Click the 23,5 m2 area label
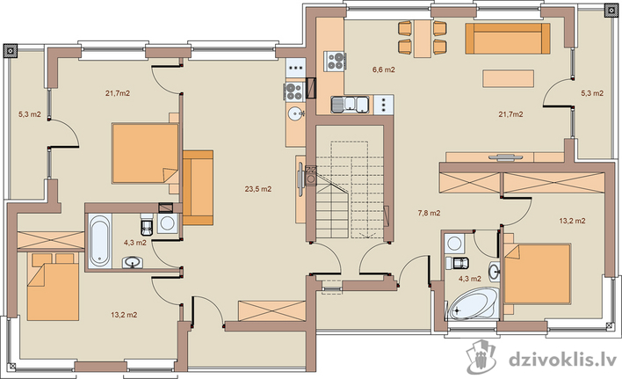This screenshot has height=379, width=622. [x=257, y=189]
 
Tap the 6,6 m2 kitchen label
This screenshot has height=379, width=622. [x=383, y=69]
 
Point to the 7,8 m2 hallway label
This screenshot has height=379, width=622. [x=429, y=213]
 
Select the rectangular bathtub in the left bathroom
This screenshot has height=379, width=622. [x=98, y=241]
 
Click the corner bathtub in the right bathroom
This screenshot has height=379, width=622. [x=472, y=303]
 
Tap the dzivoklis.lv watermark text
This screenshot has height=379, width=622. [x=562, y=360]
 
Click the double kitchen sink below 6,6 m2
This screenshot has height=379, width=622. [x=350, y=105]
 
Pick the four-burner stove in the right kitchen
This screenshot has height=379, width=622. [x=336, y=62]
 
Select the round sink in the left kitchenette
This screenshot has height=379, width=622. [x=295, y=114]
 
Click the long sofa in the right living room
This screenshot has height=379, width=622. [x=508, y=39]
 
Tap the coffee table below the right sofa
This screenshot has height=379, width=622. [x=508, y=78]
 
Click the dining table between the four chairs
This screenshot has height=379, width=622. [x=423, y=38]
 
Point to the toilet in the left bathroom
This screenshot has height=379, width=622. [x=148, y=224]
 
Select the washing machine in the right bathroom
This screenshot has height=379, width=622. [x=454, y=243]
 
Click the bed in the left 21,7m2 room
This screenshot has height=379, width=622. [x=145, y=153]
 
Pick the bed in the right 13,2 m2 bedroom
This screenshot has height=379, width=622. [x=537, y=273]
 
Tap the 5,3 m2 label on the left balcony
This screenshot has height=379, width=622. [x=30, y=114]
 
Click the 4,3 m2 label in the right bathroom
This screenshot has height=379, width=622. [x=470, y=279]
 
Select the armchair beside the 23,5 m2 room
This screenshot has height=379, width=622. [x=198, y=187]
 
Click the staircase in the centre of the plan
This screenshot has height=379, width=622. [x=350, y=190]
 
